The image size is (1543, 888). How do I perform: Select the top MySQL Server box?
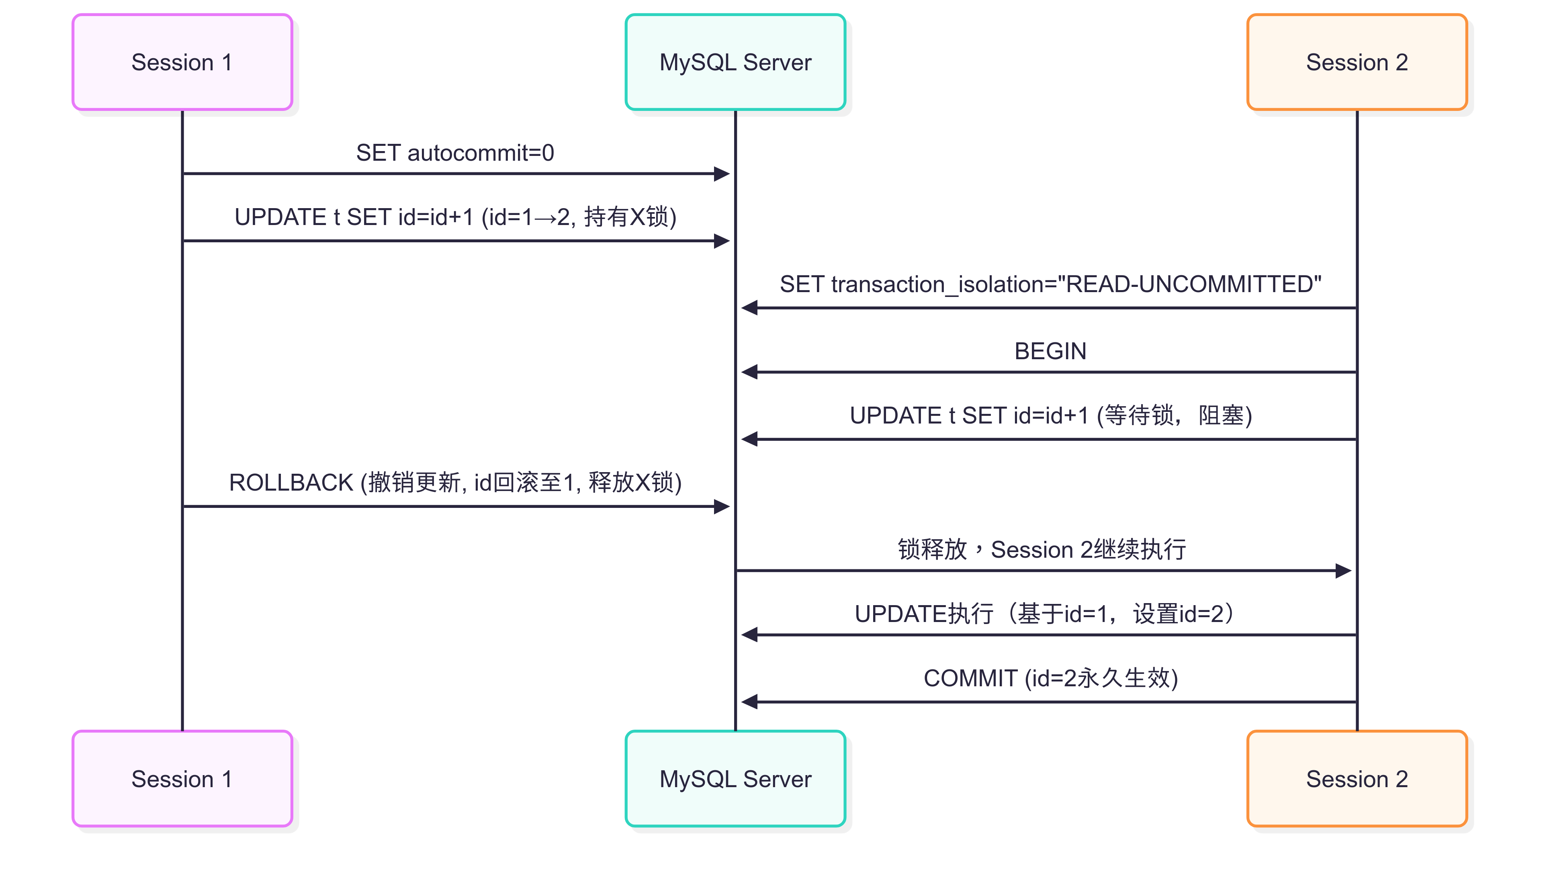[x=735, y=62]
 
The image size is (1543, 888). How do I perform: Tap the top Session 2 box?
[x=1357, y=62]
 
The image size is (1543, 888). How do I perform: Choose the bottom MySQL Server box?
[x=735, y=779]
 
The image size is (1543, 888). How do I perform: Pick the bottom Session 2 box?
[x=1357, y=779]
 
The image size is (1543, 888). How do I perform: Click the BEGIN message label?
[x=1050, y=351]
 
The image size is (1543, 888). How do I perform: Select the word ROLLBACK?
[x=291, y=483]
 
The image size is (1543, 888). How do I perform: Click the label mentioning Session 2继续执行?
[x=1042, y=550]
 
